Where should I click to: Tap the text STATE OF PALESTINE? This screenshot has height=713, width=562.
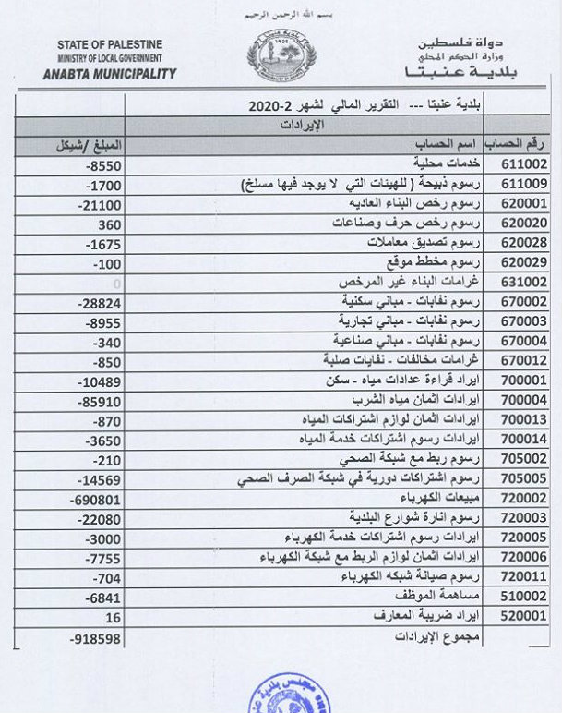click(111, 44)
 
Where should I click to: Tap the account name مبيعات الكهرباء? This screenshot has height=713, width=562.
click(446, 500)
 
